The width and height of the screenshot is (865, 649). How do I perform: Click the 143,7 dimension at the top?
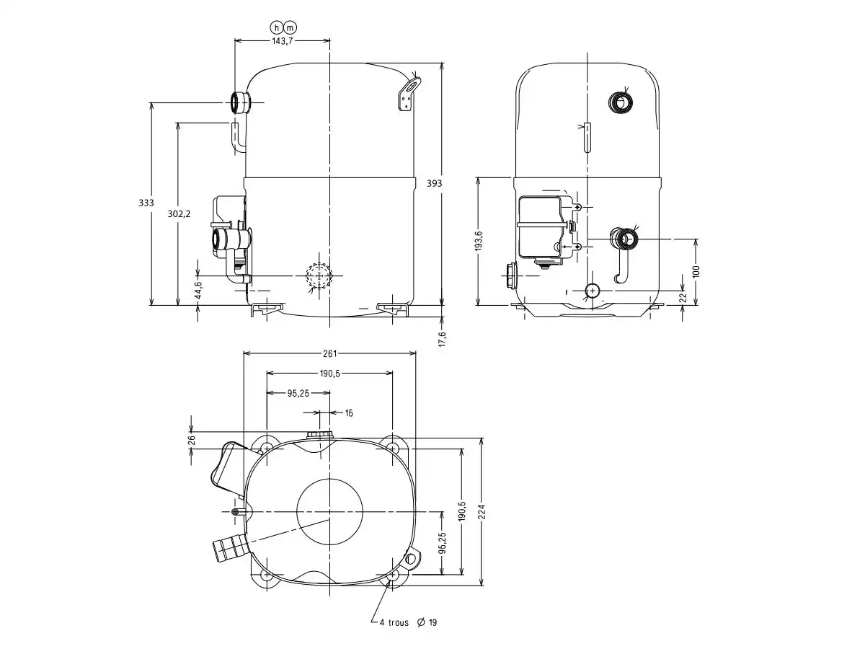282,41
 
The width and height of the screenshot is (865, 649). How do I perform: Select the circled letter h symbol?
276,27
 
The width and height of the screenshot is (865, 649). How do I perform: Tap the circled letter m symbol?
290,27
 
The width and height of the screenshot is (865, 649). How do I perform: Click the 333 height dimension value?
146,203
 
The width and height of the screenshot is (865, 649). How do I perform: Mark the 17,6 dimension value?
443,338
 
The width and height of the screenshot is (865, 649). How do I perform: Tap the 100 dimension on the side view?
696,271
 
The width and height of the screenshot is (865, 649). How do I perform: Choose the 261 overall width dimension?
329,353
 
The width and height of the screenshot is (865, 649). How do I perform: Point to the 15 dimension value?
349,413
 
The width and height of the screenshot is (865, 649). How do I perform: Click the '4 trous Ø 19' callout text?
408,622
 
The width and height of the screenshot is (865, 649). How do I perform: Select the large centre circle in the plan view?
329,512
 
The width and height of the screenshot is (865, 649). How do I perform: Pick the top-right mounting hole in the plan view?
392,449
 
